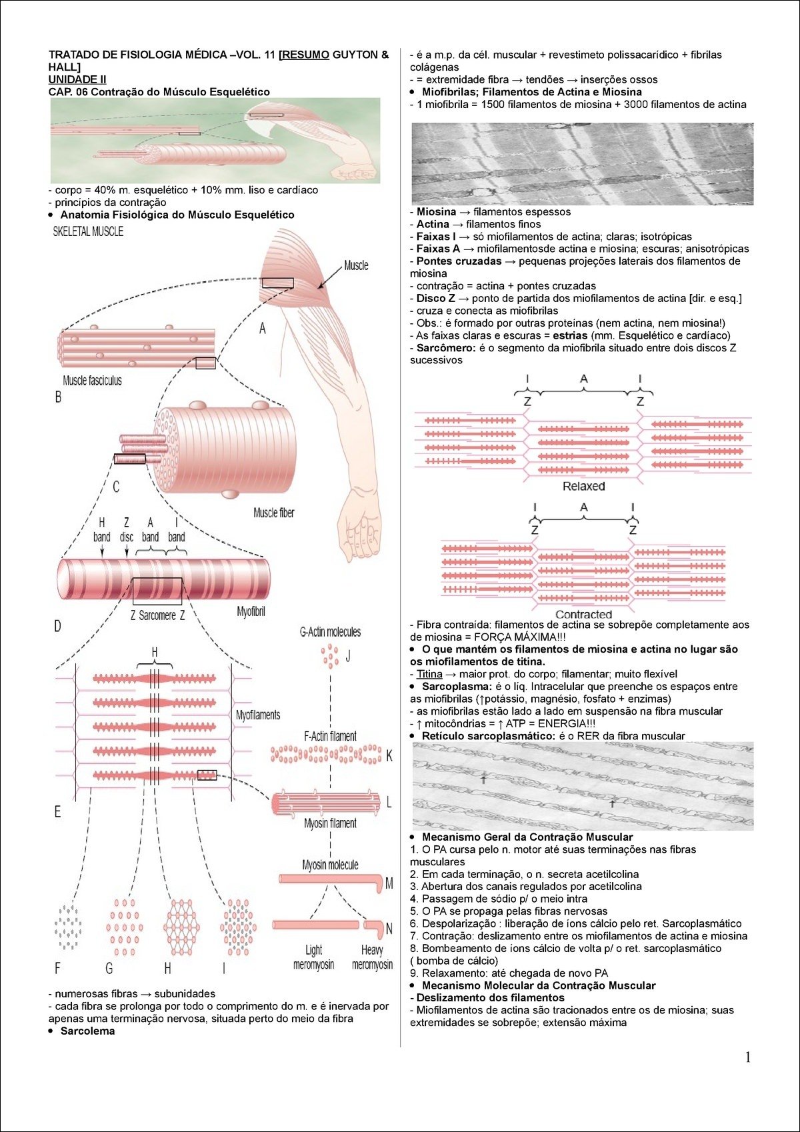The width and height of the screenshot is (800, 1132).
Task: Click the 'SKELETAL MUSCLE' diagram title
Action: tap(88, 232)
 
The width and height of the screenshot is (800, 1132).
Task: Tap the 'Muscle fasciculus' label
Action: tap(92, 381)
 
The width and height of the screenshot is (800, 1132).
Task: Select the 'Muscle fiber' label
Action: tap(273, 513)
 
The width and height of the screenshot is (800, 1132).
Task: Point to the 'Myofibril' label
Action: tap(251, 611)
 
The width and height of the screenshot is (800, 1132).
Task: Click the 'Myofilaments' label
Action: tap(258, 715)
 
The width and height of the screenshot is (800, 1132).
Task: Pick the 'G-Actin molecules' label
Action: tap(330, 632)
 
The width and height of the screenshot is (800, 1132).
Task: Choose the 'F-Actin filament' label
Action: tap(330, 737)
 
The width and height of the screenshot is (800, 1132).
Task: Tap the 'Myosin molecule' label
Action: tap(330, 865)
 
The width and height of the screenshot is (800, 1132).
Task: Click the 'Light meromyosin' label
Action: tap(313, 957)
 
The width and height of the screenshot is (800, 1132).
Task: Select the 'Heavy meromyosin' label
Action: tap(372, 957)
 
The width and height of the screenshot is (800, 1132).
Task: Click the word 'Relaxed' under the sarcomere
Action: tap(583, 487)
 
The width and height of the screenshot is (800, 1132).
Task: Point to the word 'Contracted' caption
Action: tap(583, 615)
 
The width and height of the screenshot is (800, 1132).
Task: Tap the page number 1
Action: tap(748, 1058)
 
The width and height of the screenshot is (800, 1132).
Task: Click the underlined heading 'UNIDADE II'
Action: tap(77, 79)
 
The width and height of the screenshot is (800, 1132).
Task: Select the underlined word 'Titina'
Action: tap(429, 674)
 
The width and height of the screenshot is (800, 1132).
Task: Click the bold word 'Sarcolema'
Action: tap(87, 1031)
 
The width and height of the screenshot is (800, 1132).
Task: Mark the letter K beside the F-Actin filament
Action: tap(389, 756)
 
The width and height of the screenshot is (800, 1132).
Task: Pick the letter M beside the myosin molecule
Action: tap(389, 883)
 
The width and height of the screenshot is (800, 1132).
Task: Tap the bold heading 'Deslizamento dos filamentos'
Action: tap(490, 998)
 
